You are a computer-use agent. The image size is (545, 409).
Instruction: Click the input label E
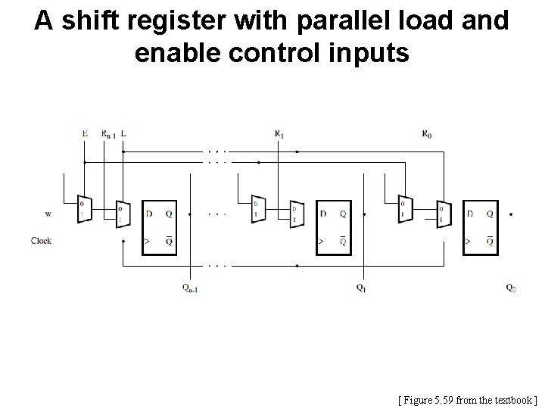point(85,133)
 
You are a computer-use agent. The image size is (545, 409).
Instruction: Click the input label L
point(123,133)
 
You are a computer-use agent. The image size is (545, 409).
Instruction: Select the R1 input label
point(279,133)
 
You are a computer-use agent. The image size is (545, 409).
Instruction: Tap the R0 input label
point(428,133)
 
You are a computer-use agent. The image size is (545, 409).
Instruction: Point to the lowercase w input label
point(48,214)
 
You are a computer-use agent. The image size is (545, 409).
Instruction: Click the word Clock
point(42,241)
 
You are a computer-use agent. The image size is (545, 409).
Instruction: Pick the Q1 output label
point(362,287)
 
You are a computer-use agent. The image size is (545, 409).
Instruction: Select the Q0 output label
point(512,287)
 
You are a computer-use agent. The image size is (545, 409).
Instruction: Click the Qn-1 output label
point(191,288)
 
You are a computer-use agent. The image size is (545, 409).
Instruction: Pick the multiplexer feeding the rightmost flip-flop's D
point(441,214)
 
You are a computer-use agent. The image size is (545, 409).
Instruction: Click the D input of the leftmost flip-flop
point(149,214)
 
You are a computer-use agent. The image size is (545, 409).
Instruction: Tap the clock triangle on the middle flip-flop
point(320,242)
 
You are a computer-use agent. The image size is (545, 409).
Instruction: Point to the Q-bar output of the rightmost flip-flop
point(490,242)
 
